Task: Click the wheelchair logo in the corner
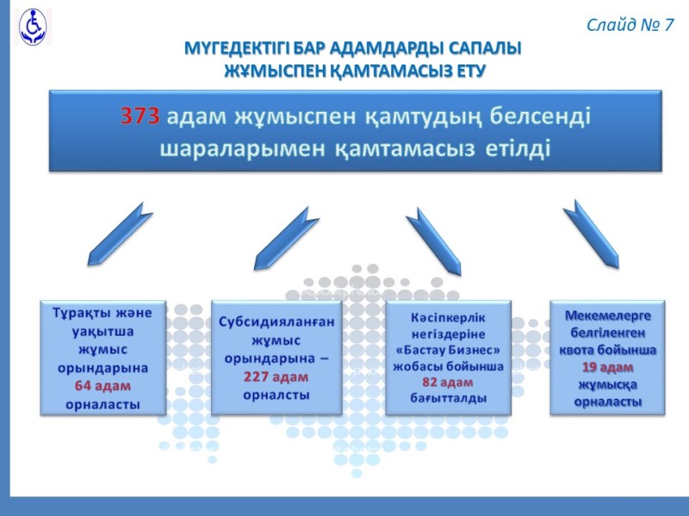pyautogui.click(x=33, y=27)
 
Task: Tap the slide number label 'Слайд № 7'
pyautogui.click(x=630, y=25)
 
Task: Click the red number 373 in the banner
pyautogui.click(x=140, y=116)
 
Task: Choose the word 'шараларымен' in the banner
pyautogui.click(x=242, y=149)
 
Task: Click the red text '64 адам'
pyautogui.click(x=102, y=385)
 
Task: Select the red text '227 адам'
pyautogui.click(x=276, y=377)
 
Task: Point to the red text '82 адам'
pyautogui.click(x=448, y=382)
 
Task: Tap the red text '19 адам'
pyautogui.click(x=608, y=367)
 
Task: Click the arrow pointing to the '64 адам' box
pyautogui.click(x=120, y=234)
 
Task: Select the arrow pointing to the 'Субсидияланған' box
pyautogui.click(x=287, y=239)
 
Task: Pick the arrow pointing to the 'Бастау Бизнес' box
pyautogui.click(x=433, y=242)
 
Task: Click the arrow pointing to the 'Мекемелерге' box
pyautogui.click(x=591, y=234)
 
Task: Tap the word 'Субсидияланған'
pyautogui.click(x=276, y=322)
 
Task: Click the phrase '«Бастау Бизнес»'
pyautogui.click(x=448, y=350)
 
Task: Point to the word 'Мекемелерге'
pyautogui.click(x=608, y=316)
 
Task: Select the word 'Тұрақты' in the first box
pyautogui.click(x=82, y=313)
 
